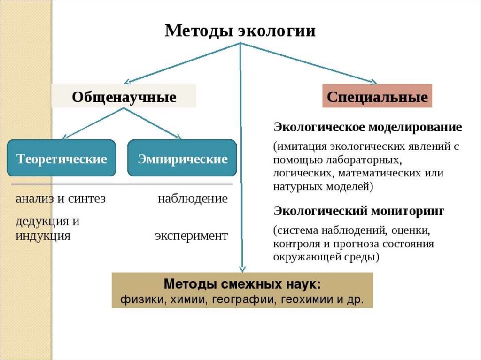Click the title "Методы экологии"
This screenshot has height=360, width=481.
click(x=240, y=31)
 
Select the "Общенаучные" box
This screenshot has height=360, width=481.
click(x=124, y=97)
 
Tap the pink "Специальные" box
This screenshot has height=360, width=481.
click(x=377, y=97)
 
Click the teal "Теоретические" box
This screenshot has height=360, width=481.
click(x=62, y=159)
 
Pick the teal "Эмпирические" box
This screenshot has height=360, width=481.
click(x=182, y=159)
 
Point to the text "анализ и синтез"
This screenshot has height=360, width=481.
click(x=60, y=199)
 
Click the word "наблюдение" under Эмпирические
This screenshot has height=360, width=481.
click(x=193, y=199)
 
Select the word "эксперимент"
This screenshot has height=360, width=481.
click(x=191, y=236)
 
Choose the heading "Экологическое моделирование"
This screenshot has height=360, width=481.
click(x=367, y=128)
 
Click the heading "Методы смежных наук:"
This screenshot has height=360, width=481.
click(x=242, y=284)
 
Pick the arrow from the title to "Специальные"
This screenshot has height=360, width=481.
click(x=310, y=64)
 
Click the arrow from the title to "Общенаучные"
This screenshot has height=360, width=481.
click(x=183, y=63)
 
